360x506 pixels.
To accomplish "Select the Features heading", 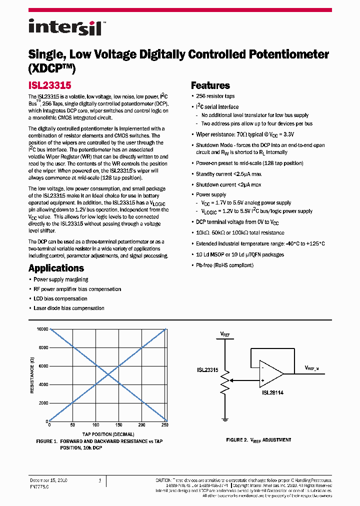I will (x=210, y=85).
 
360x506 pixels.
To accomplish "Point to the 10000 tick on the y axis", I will (x=41, y=329).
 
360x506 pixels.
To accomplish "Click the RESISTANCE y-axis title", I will (x=32, y=375).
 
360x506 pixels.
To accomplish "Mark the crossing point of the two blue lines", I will (x=107, y=375).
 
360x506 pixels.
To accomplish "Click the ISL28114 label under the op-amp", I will (x=272, y=392).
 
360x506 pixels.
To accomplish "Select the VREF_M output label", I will (x=315, y=367).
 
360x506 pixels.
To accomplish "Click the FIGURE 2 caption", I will (x=258, y=440).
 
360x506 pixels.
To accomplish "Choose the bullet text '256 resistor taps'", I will (x=215, y=96).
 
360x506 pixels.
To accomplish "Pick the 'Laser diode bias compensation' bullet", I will (x=69, y=308).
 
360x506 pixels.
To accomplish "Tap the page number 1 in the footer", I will (x=99, y=480).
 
